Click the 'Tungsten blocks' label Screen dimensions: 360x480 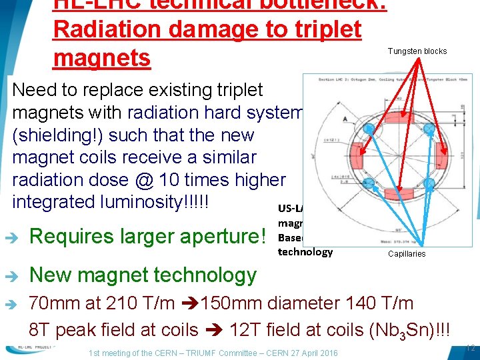click(418, 51)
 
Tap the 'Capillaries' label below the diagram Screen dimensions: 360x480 click(407, 253)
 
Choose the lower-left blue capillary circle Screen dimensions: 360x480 click(367, 180)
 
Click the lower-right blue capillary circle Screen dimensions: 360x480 click(429, 182)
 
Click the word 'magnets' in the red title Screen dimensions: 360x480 click(101, 58)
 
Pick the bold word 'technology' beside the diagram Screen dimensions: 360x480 click(305, 251)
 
